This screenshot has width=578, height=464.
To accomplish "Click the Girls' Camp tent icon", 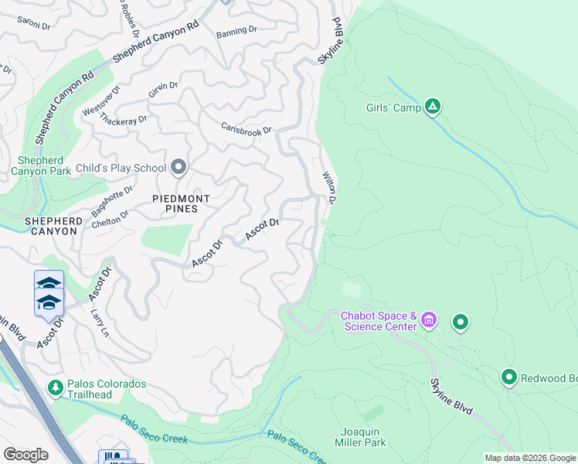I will pyautogui.click(x=433, y=107).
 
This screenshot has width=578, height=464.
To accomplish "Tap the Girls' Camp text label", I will pyautogui.click(x=393, y=107).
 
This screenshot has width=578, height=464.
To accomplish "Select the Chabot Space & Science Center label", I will pyautogui.click(x=379, y=321).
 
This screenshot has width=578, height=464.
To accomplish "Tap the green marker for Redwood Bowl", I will pyautogui.click(x=509, y=377).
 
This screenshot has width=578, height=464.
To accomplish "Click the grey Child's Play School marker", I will pyautogui.click(x=179, y=167).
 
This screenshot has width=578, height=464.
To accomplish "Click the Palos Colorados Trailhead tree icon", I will pyautogui.click(x=55, y=387).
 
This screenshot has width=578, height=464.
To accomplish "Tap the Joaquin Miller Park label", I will pyautogui.click(x=363, y=437).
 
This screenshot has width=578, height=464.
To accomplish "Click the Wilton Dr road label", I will pyautogui.click(x=329, y=188).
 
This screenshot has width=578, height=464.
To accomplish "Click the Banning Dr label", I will pyautogui.click(x=236, y=31).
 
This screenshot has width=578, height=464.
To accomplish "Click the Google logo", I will pyautogui.click(x=25, y=455).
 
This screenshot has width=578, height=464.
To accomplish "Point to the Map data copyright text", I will pyautogui.click(x=530, y=458).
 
